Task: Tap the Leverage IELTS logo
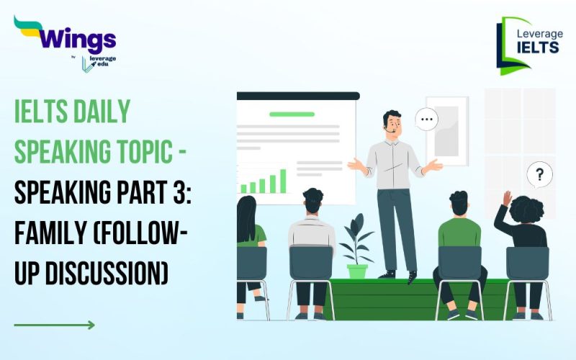tap(529, 45)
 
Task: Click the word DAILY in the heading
tap(99, 112)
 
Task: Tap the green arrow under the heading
tap(54, 325)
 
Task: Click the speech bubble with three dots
tap(427, 120)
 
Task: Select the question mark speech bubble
tap(539, 174)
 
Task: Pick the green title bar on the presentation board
tap(292, 114)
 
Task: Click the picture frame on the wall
tap(447, 130)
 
